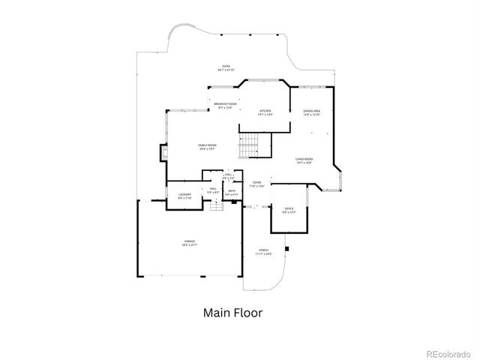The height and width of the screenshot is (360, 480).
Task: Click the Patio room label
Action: pos(225,67)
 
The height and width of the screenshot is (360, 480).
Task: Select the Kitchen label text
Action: pos(265,111)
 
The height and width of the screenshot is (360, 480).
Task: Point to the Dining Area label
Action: pos(312,112)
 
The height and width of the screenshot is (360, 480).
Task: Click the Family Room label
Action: pos(208,146)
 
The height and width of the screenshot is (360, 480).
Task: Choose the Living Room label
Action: pos(304,160)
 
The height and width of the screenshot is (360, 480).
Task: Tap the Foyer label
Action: pos(256,183)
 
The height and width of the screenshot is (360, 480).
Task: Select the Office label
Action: pos(289,210)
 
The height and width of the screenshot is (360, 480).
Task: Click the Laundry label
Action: pos(184,196)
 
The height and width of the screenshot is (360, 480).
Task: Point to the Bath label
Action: pos(232,193)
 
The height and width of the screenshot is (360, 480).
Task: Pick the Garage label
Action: pos(190,243)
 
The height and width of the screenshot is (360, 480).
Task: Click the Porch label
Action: pos(263,252)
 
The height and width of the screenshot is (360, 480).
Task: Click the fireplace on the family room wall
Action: pos(161,154)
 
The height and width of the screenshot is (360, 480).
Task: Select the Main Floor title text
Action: pos(232,312)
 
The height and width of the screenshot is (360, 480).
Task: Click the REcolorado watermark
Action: pos(449,353)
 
